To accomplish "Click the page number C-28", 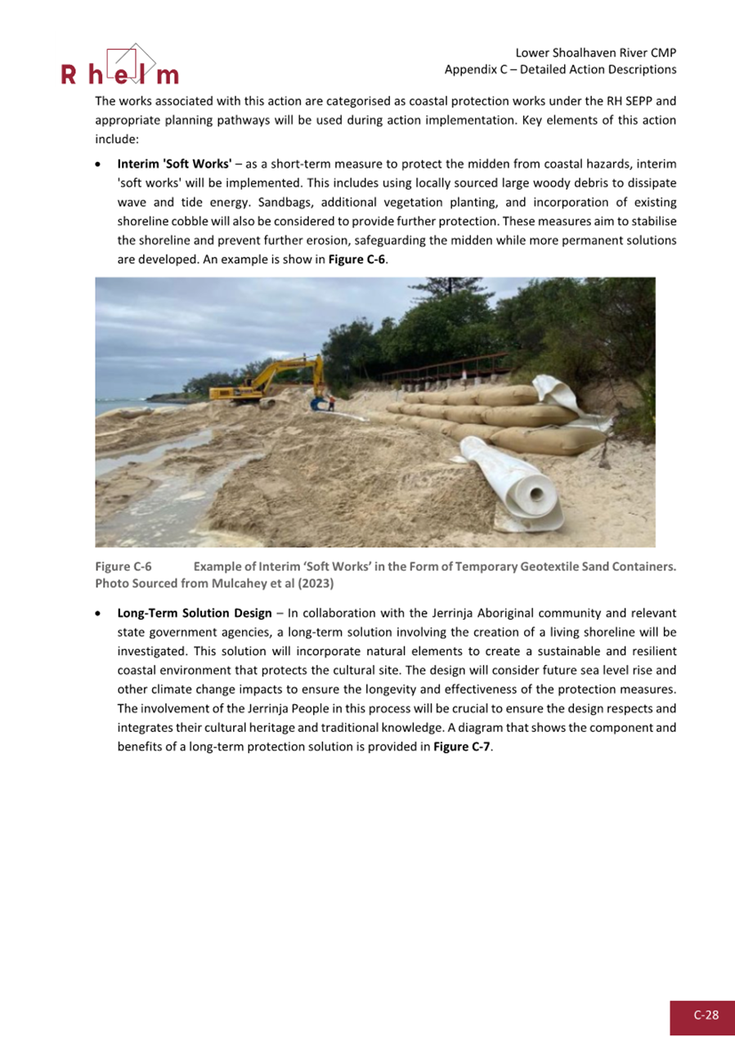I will click(x=706, y=1015).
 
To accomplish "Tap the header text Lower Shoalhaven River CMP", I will click(x=596, y=52).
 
